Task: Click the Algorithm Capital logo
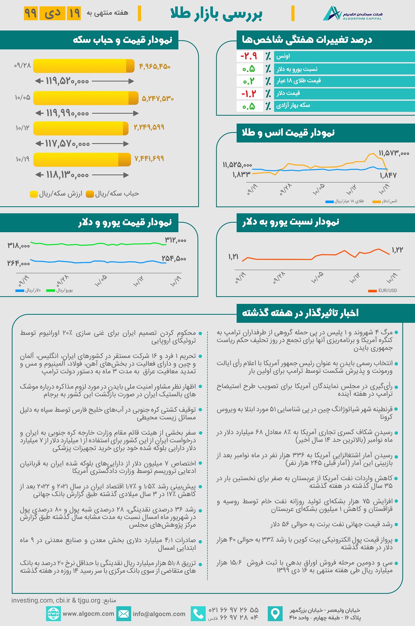(352, 13)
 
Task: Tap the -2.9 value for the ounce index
(249, 56)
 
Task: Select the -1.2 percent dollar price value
(249, 93)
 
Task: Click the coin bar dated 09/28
(84, 66)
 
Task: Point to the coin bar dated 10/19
(82, 160)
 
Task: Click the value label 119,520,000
(67, 81)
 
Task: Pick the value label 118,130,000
(67, 175)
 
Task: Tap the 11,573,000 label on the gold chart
(394, 153)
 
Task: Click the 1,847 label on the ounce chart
(388, 175)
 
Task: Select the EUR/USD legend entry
(383, 291)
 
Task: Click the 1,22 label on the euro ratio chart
(397, 250)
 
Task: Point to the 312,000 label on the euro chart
(176, 240)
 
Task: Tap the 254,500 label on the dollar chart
(174, 258)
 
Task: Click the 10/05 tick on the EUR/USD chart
(317, 277)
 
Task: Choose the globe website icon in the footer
(53, 614)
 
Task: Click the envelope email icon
(123, 614)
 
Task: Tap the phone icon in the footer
(198, 614)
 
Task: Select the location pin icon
(275, 614)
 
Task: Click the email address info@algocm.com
(159, 614)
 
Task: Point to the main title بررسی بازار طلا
(216, 14)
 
